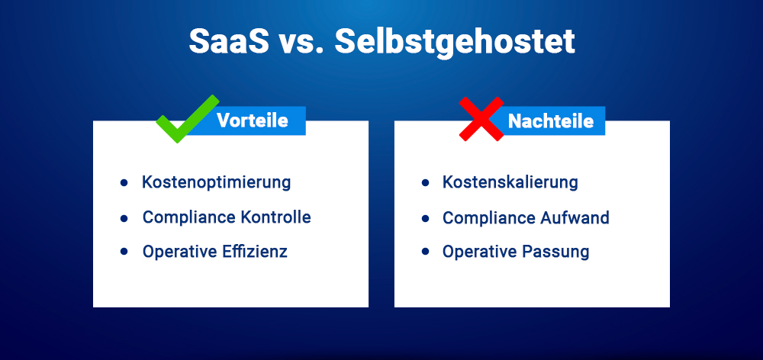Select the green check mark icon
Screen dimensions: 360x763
[185, 120]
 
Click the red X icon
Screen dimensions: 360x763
[481, 119]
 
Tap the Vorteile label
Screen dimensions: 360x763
[252, 121]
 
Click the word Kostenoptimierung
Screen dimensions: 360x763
[217, 183]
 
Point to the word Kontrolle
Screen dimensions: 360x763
[275, 217]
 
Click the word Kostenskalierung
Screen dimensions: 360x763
[510, 183]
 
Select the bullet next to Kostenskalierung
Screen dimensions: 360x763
[425, 184]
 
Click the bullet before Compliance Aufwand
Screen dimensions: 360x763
[425, 218]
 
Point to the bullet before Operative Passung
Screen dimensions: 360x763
[425, 252]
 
